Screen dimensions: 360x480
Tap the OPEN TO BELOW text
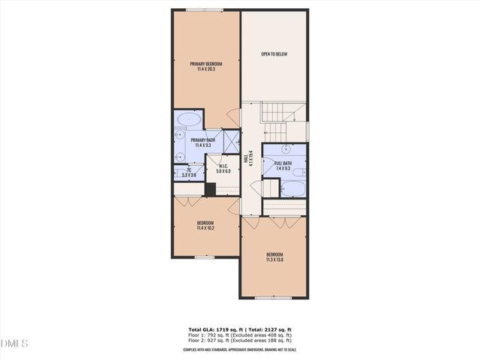(274, 54)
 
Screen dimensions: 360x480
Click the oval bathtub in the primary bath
(187, 119)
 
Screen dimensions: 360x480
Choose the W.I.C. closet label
(223, 169)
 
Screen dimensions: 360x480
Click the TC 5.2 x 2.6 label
(189, 172)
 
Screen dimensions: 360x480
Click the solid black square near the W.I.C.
(210, 189)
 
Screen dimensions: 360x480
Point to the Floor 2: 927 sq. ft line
(240, 341)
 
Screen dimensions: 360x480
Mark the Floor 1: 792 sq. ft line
(240, 334)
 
